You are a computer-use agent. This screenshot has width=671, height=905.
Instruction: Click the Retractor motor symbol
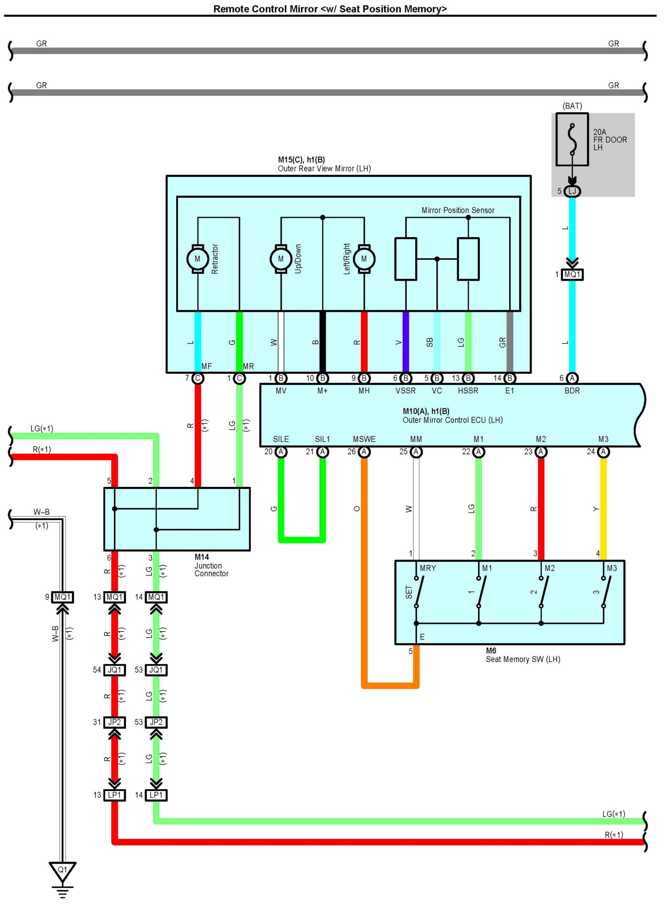click(x=198, y=259)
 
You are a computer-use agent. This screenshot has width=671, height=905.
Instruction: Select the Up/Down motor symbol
click(x=281, y=259)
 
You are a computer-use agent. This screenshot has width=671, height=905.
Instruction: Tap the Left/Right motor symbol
click(x=364, y=259)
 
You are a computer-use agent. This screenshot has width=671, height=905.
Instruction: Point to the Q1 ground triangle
click(x=62, y=871)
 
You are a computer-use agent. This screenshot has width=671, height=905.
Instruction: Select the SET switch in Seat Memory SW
click(x=418, y=592)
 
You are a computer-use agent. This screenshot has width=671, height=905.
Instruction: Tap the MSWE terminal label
click(x=364, y=439)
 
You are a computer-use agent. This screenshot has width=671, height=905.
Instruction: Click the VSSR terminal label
click(x=405, y=391)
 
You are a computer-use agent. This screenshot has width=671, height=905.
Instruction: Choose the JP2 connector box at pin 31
click(x=115, y=722)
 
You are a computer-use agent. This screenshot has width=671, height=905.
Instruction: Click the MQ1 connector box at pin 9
click(x=62, y=597)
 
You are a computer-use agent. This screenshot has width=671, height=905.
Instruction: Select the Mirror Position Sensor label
click(x=458, y=210)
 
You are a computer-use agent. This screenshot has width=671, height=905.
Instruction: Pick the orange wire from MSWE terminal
click(x=364, y=569)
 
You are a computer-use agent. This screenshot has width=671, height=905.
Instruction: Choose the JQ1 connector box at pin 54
click(x=115, y=670)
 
